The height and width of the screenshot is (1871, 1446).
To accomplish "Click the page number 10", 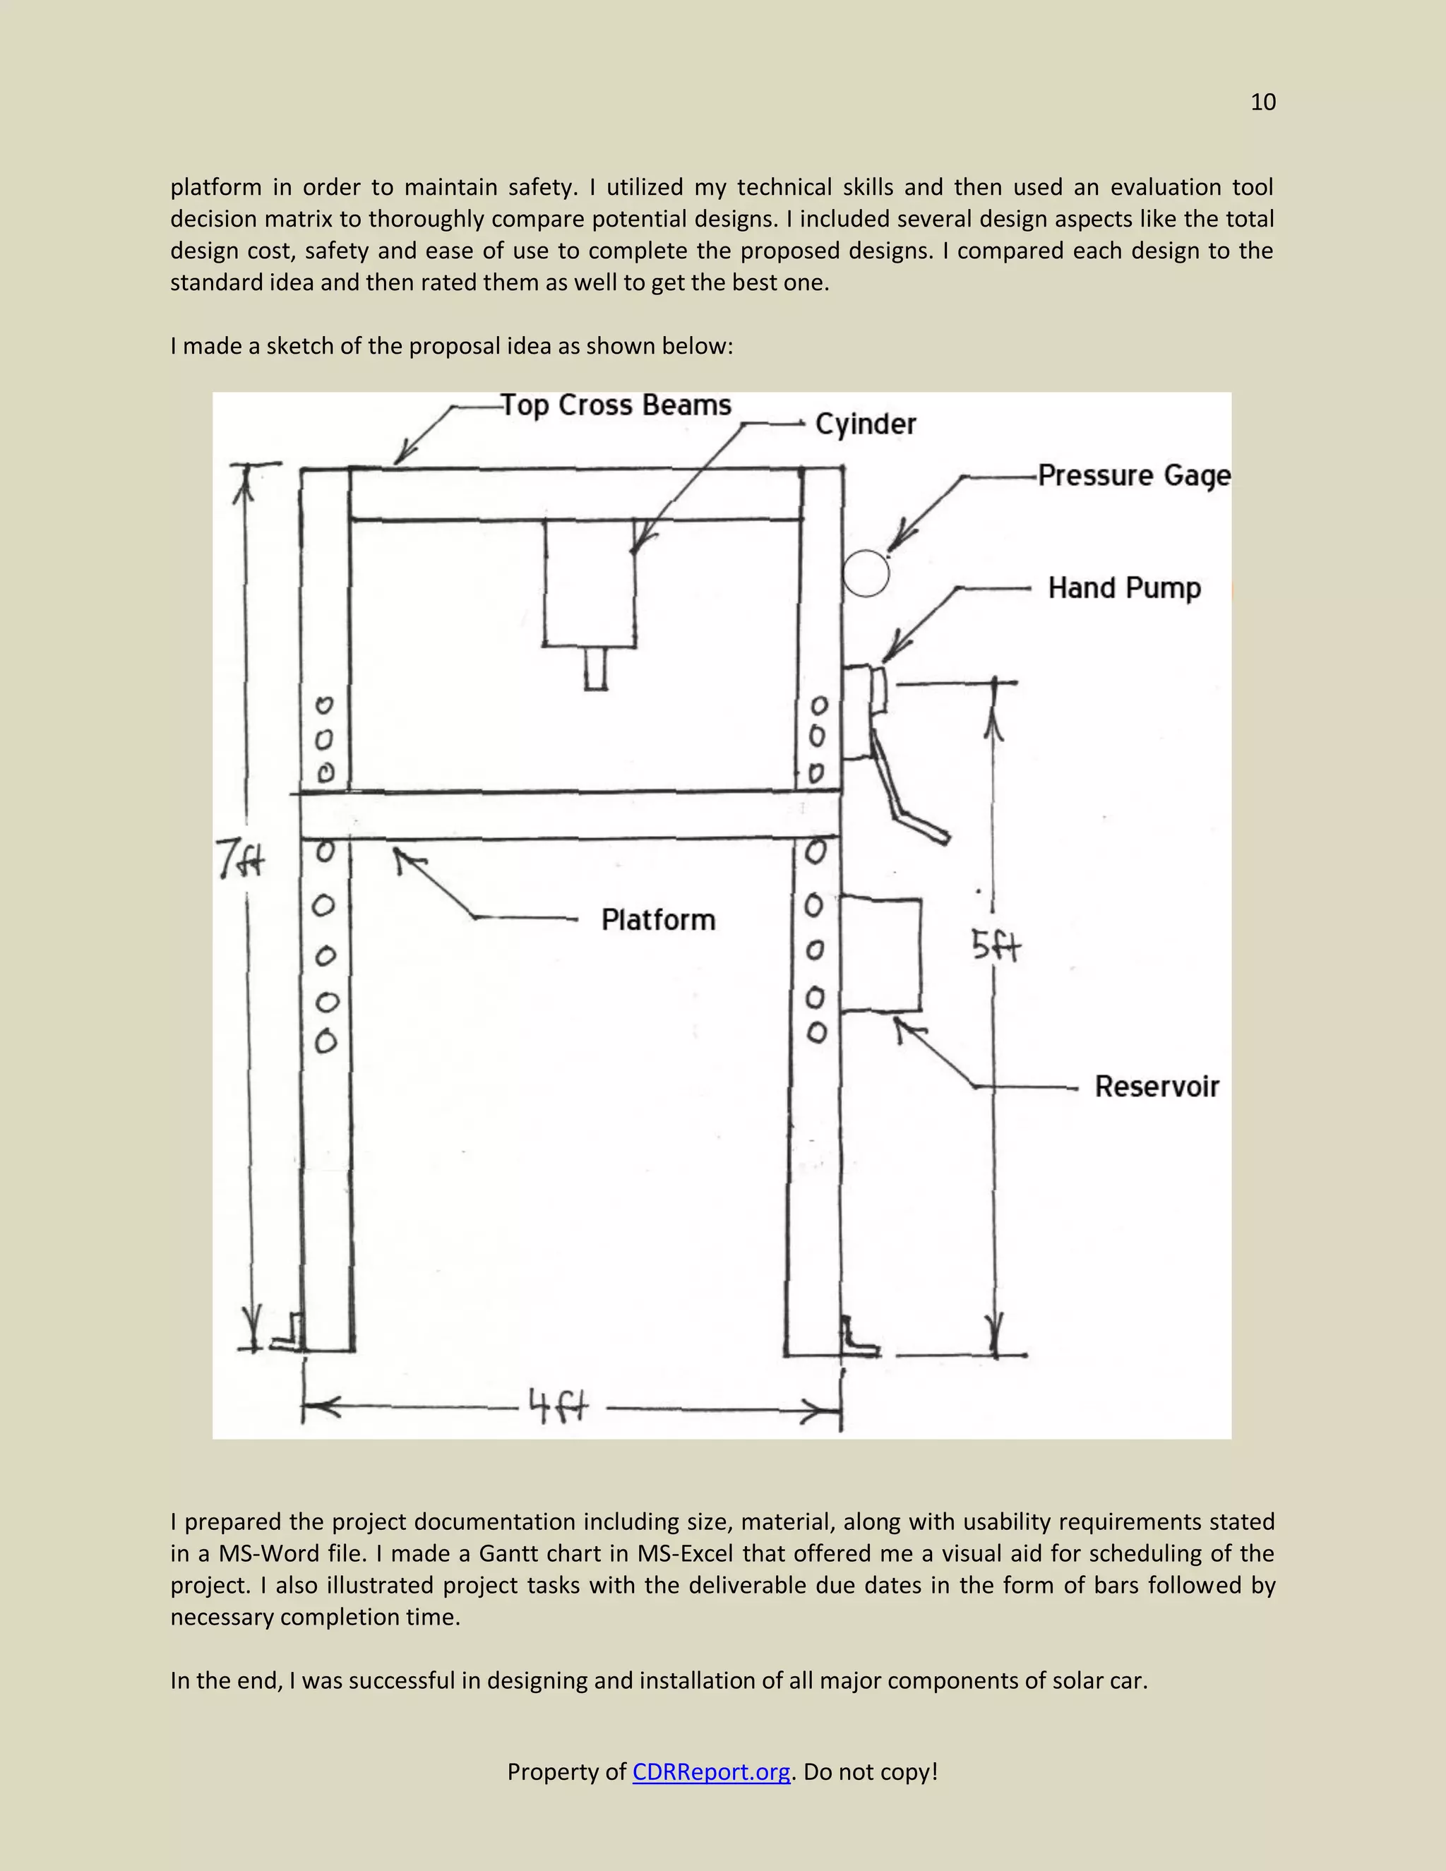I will [x=1262, y=103].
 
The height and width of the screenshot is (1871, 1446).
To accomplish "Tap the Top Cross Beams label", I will [x=616, y=405].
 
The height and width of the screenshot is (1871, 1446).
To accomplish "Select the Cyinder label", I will [x=865, y=424].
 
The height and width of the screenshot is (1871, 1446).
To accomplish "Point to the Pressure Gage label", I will [x=1134, y=475].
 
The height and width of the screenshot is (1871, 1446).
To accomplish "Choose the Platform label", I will [x=658, y=919].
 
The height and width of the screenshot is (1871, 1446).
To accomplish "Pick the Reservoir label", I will [x=1157, y=1087].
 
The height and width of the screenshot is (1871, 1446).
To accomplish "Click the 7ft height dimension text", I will [x=240, y=859].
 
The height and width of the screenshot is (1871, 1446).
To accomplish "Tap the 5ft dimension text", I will [x=996, y=947].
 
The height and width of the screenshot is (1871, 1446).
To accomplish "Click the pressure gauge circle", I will [x=865, y=573].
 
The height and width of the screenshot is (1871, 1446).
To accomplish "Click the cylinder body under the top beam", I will [x=590, y=582].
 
